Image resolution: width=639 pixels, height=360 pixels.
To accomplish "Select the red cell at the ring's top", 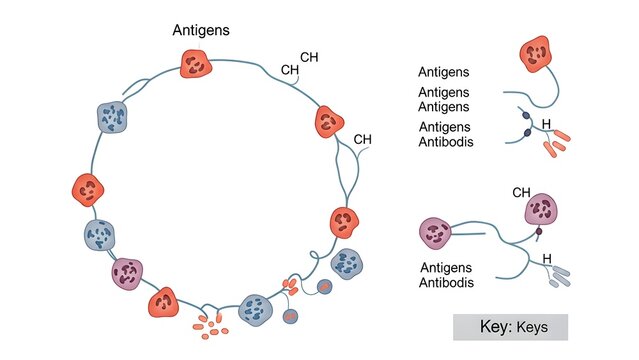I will point(196,65).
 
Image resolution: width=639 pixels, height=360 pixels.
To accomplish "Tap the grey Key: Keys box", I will point(510,327).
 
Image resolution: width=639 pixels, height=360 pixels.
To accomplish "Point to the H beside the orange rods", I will point(545,125).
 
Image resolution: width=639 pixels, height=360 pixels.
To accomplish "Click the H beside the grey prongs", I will point(547,258).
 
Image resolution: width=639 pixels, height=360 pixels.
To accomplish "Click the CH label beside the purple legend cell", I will point(521,192).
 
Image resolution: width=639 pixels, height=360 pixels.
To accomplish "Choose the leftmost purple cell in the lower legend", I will point(436,234).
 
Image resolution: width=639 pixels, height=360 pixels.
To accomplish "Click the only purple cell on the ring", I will point(127,273).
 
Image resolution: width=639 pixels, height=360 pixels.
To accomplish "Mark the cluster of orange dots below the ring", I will point(209,323).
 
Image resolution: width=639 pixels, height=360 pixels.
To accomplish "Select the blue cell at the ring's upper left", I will point(112,117).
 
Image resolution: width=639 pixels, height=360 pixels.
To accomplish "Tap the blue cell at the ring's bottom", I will point(257,311).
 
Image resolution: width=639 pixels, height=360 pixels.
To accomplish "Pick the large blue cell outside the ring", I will point(346,264).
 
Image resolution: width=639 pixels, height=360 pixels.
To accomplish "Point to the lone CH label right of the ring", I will point(363,139).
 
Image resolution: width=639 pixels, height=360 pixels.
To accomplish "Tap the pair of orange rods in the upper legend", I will point(555,146).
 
